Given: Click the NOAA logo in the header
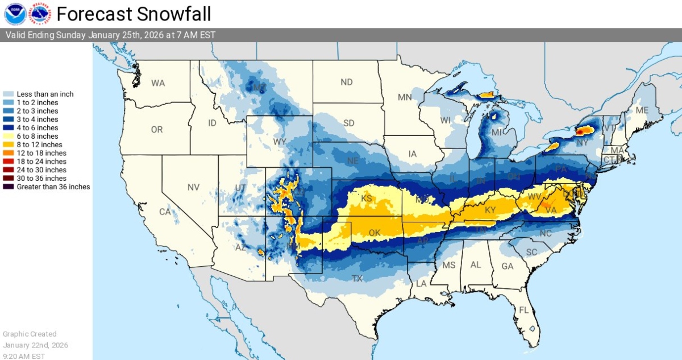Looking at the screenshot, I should [x=15, y=14].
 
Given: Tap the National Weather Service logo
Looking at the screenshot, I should [x=40, y=14].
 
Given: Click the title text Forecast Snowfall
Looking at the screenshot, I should [x=134, y=14].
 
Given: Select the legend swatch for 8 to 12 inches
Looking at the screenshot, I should [x=9, y=144].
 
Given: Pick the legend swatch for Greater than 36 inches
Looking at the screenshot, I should [x=9, y=187].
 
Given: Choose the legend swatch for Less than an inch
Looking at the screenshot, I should [x=9, y=94].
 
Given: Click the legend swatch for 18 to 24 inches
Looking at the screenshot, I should [x=9, y=162].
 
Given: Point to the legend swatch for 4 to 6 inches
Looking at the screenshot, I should [x=9, y=128].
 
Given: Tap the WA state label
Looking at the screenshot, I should [x=158, y=83].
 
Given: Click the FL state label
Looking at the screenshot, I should [x=523, y=311].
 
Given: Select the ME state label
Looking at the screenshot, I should [x=642, y=110].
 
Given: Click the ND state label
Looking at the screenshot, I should [x=347, y=82].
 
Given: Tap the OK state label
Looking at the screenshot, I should [x=374, y=233].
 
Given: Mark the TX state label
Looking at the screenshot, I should [x=357, y=279].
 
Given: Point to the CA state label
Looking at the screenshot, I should [x=165, y=212].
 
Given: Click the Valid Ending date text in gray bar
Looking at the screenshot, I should [x=111, y=35].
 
